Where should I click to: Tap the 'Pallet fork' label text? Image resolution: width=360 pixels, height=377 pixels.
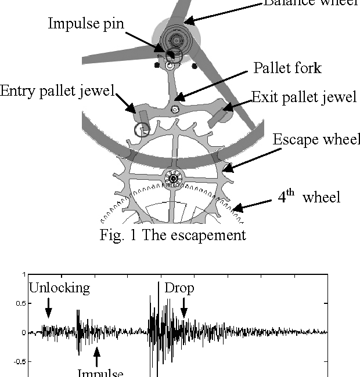point(287,68)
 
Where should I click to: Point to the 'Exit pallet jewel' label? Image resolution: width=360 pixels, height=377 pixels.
point(304,97)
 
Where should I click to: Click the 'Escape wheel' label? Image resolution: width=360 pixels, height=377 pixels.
point(316,140)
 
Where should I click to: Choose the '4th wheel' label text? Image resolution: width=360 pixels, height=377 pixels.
point(308,197)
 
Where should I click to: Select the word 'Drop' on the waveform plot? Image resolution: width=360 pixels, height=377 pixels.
point(179,288)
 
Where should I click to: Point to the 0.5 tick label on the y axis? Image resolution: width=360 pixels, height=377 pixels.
point(20,303)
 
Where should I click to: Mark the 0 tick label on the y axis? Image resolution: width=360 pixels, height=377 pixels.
point(23,333)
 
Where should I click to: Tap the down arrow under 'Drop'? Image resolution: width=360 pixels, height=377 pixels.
point(183,307)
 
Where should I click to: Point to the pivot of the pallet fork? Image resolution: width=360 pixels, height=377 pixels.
point(175,109)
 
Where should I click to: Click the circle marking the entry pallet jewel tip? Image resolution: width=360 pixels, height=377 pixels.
point(141,129)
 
